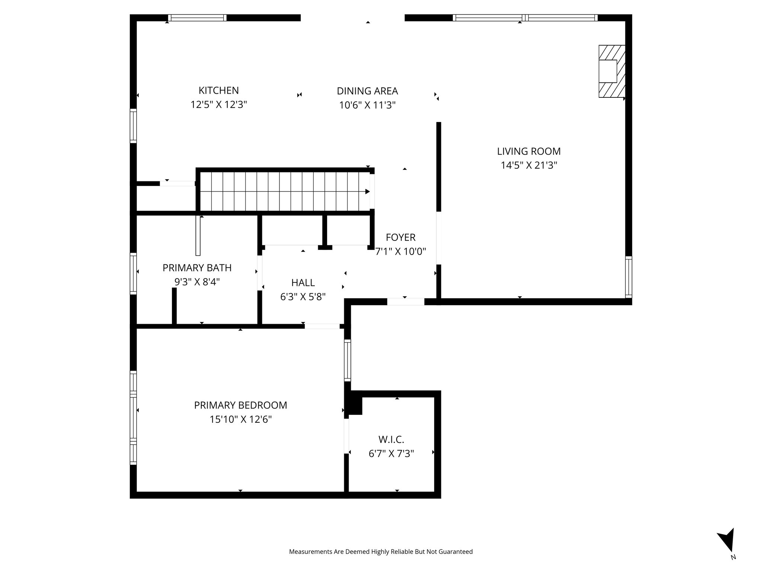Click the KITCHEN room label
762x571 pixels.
(x=218, y=90)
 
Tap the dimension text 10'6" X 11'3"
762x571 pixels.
(x=367, y=105)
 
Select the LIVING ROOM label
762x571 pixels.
(x=528, y=151)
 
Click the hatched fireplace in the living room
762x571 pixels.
(x=611, y=71)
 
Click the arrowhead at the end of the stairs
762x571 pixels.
(x=367, y=191)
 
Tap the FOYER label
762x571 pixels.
(x=400, y=237)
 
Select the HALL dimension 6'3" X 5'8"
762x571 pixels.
(x=302, y=297)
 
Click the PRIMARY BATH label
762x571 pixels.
(x=197, y=268)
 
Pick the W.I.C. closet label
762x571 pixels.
(x=391, y=439)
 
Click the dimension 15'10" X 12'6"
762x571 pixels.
(x=240, y=419)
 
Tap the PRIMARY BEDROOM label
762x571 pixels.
(x=240, y=405)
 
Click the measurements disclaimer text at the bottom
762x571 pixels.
(x=381, y=552)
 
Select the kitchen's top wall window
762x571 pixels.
(x=197, y=17)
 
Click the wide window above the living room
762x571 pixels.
(x=525, y=17)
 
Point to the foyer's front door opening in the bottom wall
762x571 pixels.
(x=406, y=302)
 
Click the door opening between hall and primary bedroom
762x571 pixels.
(x=322, y=326)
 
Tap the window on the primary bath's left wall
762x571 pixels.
(x=133, y=273)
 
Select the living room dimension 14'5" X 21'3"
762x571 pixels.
(x=528, y=165)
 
